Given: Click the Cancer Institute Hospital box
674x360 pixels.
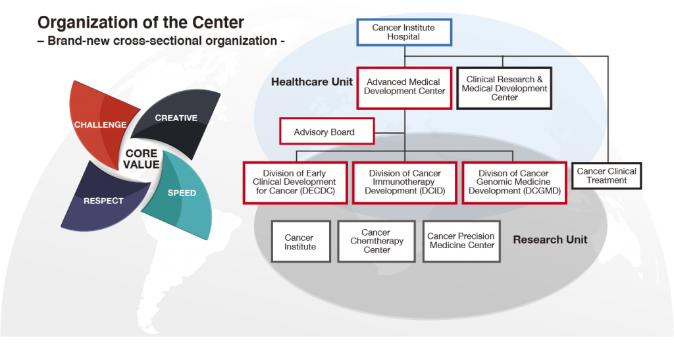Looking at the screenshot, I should coord(404,32).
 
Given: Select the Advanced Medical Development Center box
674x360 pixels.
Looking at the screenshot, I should coord(404,88).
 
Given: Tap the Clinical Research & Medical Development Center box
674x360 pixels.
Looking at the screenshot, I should coord(504,88).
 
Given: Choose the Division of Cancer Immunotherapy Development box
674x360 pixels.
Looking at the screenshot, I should coord(404,182).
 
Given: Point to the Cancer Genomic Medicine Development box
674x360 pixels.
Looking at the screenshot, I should coord(513,182).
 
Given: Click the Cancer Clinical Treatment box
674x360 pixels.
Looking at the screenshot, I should coord(606,176).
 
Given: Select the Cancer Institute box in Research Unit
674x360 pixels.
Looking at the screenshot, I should coord(299,242).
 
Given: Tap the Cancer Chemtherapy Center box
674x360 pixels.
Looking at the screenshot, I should coord(376,242).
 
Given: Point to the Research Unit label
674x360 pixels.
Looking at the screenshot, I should coord(550,240).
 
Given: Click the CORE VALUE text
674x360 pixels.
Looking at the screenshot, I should coord(142,159).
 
